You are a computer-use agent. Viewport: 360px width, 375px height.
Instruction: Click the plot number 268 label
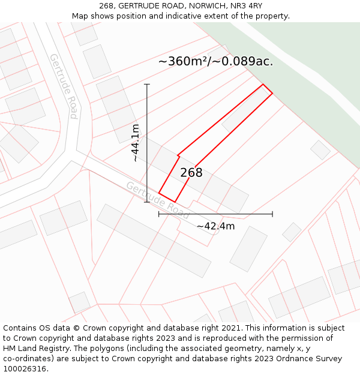191,173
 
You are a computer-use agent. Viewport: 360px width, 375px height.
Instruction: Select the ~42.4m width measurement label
215,226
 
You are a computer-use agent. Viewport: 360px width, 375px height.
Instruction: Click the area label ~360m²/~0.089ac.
215,61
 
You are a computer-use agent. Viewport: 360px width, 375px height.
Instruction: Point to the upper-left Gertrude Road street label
64,86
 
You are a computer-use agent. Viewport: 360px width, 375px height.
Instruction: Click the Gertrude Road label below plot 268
158,199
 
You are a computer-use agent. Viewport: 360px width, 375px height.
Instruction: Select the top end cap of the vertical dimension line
147,84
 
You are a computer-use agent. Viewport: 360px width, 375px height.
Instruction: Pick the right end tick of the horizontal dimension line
272,214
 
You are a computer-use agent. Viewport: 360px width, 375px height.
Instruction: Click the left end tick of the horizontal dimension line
159,214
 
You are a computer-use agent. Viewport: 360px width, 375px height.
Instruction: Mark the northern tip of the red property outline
263,85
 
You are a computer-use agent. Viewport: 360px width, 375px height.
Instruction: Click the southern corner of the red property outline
174,202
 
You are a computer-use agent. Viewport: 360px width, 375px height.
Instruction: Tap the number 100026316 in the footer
25,369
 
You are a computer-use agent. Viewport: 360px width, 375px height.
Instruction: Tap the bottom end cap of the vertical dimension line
147,202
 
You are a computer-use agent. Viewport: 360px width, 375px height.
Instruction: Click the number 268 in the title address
107,6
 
